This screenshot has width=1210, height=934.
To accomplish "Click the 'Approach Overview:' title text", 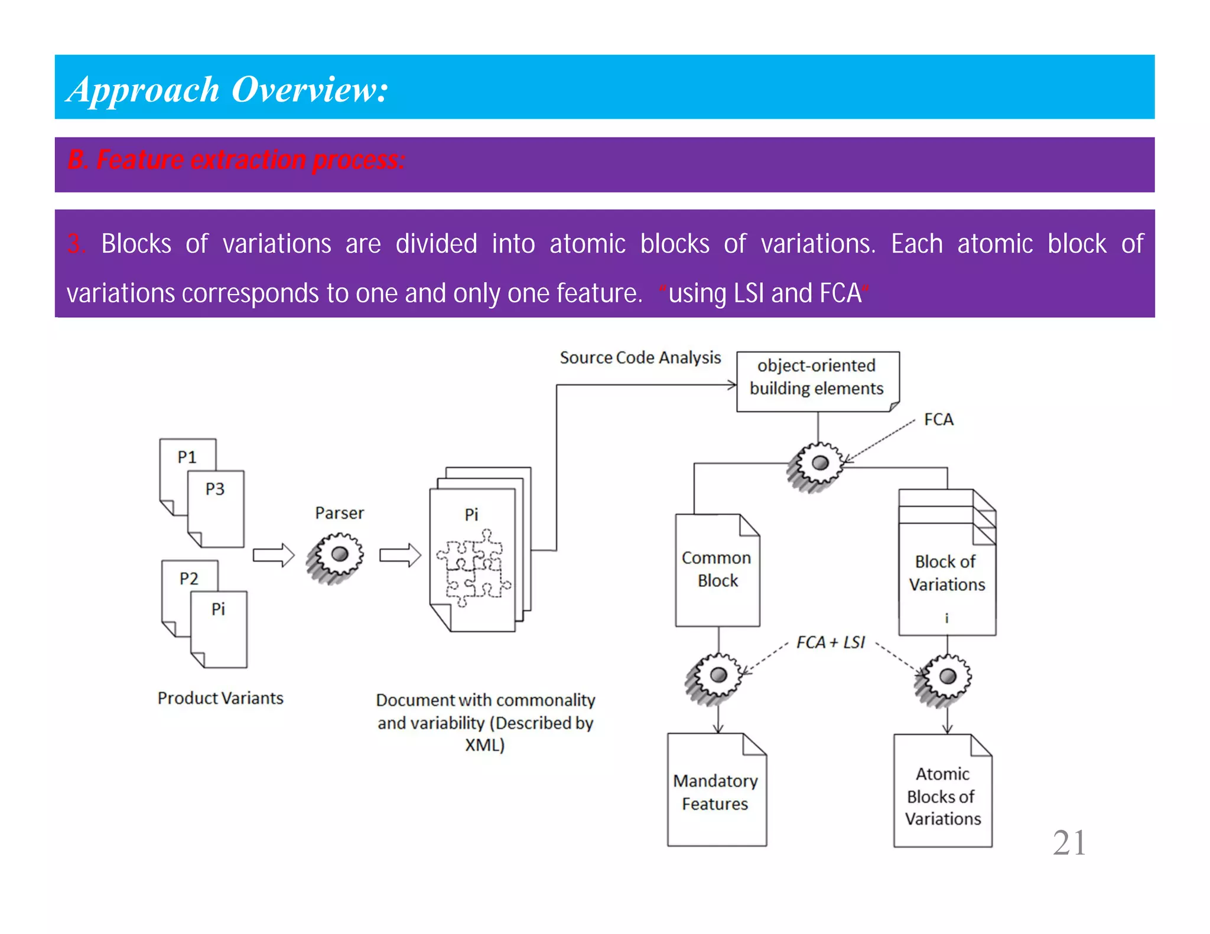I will (x=227, y=90).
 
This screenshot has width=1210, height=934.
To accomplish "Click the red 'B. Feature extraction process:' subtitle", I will (x=236, y=160).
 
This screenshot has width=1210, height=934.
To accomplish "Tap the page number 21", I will (x=1069, y=842).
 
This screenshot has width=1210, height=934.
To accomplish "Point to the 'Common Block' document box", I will (x=717, y=570).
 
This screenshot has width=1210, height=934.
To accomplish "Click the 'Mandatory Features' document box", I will (x=715, y=792).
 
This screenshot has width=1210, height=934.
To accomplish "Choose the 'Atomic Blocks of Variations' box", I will (x=942, y=796).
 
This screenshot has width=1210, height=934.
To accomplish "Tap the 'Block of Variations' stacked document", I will (x=946, y=573).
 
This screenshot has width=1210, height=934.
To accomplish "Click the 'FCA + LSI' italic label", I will (x=830, y=642).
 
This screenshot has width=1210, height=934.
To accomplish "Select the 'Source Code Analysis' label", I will (x=640, y=358).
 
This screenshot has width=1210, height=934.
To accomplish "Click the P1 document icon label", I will (x=187, y=457).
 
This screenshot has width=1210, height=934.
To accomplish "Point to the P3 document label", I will (x=215, y=489).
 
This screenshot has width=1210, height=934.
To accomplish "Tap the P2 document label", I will (x=189, y=578).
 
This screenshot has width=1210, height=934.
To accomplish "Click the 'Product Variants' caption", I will (x=220, y=698).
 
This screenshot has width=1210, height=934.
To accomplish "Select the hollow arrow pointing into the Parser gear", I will (x=274, y=556).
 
